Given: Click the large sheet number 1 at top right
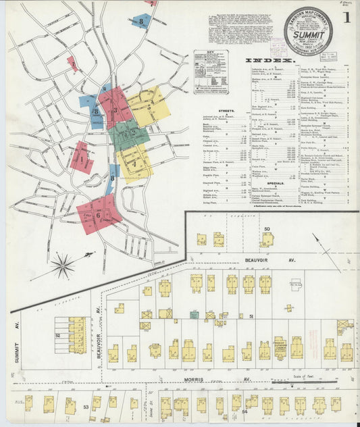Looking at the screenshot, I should [x=346, y=19].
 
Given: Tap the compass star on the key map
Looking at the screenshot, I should [x=63, y=266].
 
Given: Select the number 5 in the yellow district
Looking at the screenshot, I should [x=149, y=106].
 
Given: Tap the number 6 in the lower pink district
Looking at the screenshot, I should [x=99, y=214].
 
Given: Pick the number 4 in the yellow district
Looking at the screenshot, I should [x=135, y=164].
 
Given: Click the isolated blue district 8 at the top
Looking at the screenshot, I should [x=141, y=22].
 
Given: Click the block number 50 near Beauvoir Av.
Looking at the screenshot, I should [x=267, y=229].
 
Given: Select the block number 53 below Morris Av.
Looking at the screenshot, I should [x=86, y=407].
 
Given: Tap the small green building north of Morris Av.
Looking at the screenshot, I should [x=195, y=314].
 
